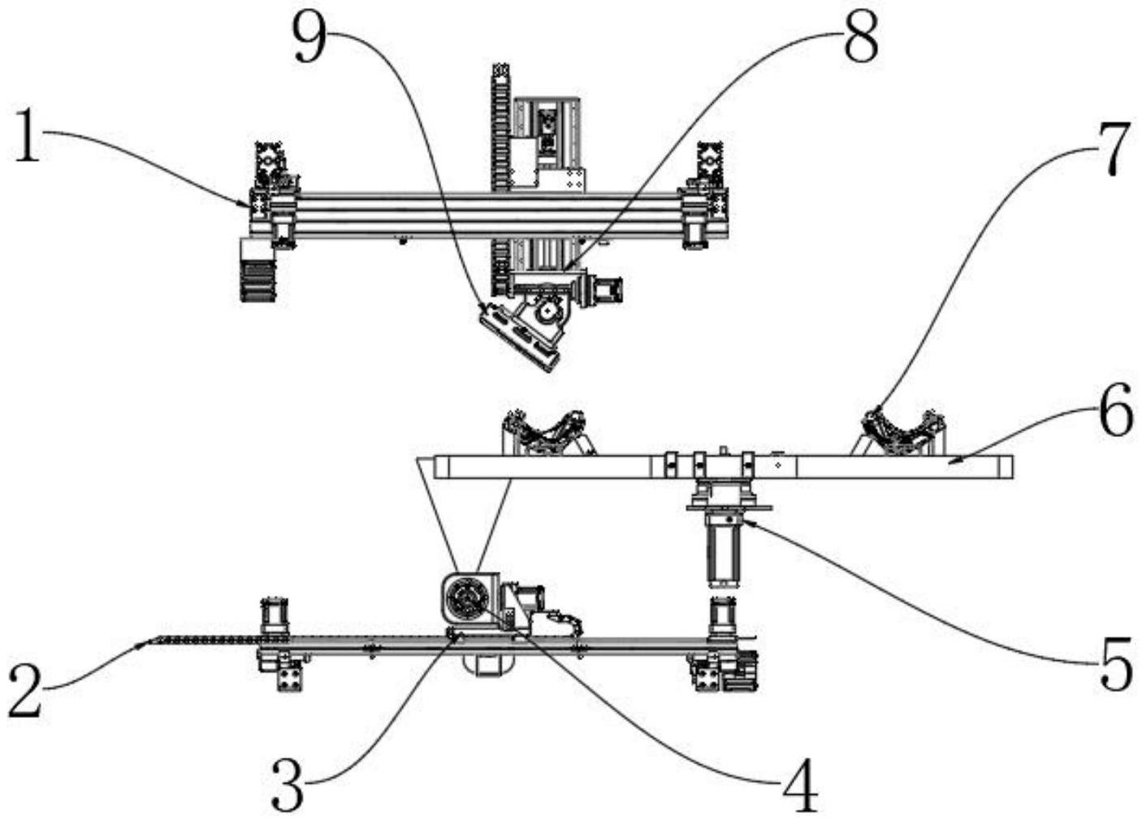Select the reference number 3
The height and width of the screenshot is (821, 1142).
288,783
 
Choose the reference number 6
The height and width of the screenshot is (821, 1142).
1115,410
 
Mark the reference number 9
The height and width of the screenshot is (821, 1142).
310,38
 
